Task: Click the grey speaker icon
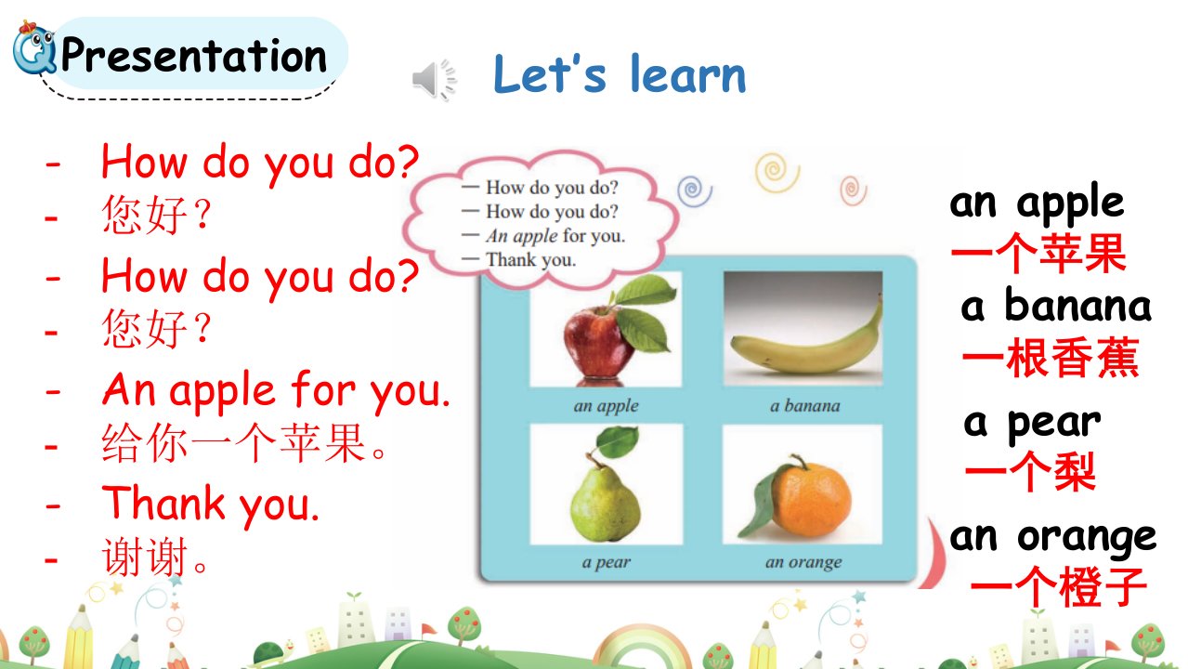pyautogui.click(x=434, y=80)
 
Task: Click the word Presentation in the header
pyautogui.click(x=193, y=55)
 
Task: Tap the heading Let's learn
pyautogui.click(x=620, y=74)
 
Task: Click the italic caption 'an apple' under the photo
pyautogui.click(x=607, y=406)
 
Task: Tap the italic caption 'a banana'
pyautogui.click(x=805, y=406)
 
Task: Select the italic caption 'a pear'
pyautogui.click(x=607, y=562)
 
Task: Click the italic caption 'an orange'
pyautogui.click(x=803, y=562)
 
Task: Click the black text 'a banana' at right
pyautogui.click(x=1056, y=305)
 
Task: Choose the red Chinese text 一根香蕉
pyautogui.click(x=1051, y=358)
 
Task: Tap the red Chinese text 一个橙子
pyautogui.click(x=1059, y=586)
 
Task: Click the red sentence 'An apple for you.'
pyautogui.click(x=276, y=391)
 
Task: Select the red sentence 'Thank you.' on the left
pyautogui.click(x=211, y=504)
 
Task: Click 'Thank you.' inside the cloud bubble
pyautogui.click(x=531, y=260)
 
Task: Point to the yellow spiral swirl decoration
pyautogui.click(x=777, y=173)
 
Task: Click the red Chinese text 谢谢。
pyautogui.click(x=155, y=557)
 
